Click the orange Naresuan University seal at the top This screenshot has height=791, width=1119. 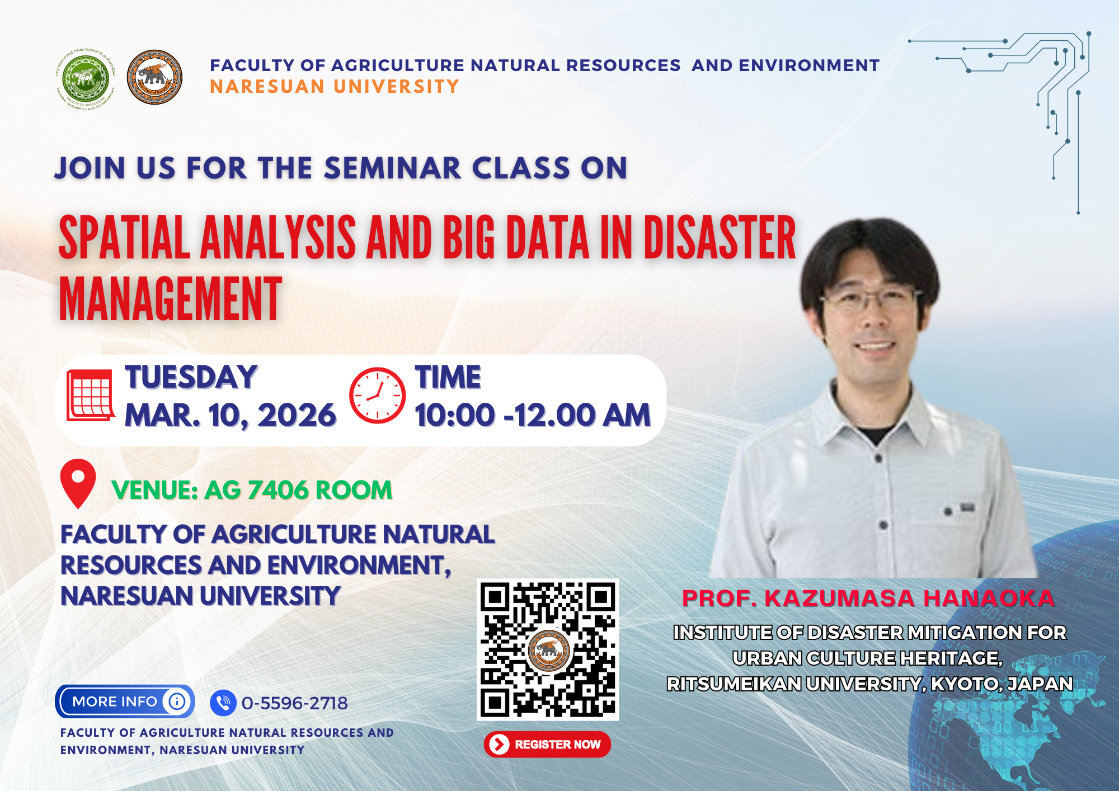pyautogui.click(x=154, y=77)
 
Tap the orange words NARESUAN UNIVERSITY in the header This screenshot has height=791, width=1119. pyautogui.click(x=334, y=87)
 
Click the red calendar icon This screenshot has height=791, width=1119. pyautogui.click(x=90, y=395)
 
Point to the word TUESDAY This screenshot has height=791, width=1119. pyautogui.click(x=191, y=377)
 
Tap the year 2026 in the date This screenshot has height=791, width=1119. pyautogui.click(x=297, y=416)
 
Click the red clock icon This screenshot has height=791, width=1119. pyautogui.click(x=377, y=396)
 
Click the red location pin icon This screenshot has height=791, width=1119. pyautogui.click(x=78, y=483)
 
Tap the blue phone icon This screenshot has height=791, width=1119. pyautogui.click(x=223, y=703)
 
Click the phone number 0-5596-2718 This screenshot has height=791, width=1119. pyautogui.click(x=294, y=703)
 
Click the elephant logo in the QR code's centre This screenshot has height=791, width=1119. pyautogui.click(x=548, y=650)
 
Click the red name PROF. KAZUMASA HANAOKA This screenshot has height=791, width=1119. pyautogui.click(x=868, y=599)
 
